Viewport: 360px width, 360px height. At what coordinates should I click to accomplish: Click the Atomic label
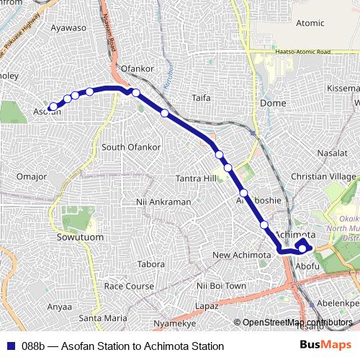(x=310, y=23)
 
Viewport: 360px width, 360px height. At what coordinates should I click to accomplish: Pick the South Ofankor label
(x=130, y=147)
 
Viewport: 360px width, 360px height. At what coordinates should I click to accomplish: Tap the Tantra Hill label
(x=196, y=179)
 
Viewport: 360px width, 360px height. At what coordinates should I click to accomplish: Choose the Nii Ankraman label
(x=163, y=202)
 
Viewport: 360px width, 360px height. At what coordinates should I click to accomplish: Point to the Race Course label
(x=129, y=286)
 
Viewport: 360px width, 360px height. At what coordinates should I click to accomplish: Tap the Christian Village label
(x=323, y=176)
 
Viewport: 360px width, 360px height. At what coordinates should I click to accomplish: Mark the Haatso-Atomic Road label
(x=302, y=52)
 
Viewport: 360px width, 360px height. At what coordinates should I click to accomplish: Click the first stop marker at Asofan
(x=53, y=107)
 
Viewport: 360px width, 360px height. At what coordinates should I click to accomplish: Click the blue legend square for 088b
(x=9, y=346)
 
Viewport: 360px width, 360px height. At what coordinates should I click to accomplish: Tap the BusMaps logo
(x=326, y=346)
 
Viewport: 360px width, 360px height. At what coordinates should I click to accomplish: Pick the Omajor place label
(x=31, y=176)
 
